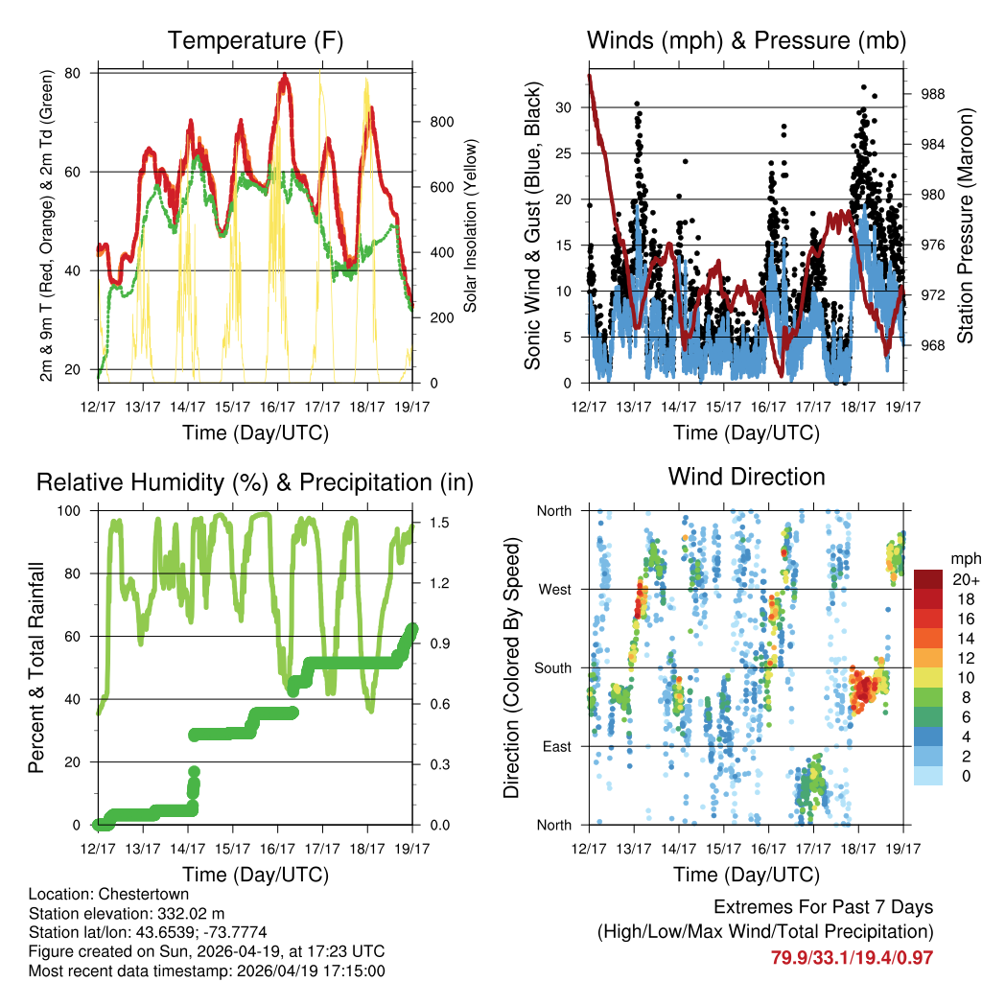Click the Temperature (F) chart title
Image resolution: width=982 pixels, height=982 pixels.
click(x=255, y=41)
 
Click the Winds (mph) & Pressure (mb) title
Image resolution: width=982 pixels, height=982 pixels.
click(x=746, y=41)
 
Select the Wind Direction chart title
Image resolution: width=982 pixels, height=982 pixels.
click(x=746, y=477)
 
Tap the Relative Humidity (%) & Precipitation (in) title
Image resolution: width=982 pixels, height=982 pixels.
click(x=255, y=482)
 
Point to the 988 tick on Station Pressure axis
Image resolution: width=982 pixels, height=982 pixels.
click(x=933, y=94)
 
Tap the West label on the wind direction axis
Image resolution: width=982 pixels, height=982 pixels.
click(x=553, y=590)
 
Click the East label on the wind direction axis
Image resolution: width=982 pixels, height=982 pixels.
click(x=555, y=746)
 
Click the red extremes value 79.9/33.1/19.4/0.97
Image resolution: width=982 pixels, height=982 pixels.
click(x=852, y=957)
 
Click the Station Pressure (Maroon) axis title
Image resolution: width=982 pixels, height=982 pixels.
click(x=966, y=227)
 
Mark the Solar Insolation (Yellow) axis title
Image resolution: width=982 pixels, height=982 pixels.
click(x=471, y=227)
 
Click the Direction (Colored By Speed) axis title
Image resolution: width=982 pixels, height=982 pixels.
click(x=512, y=668)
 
